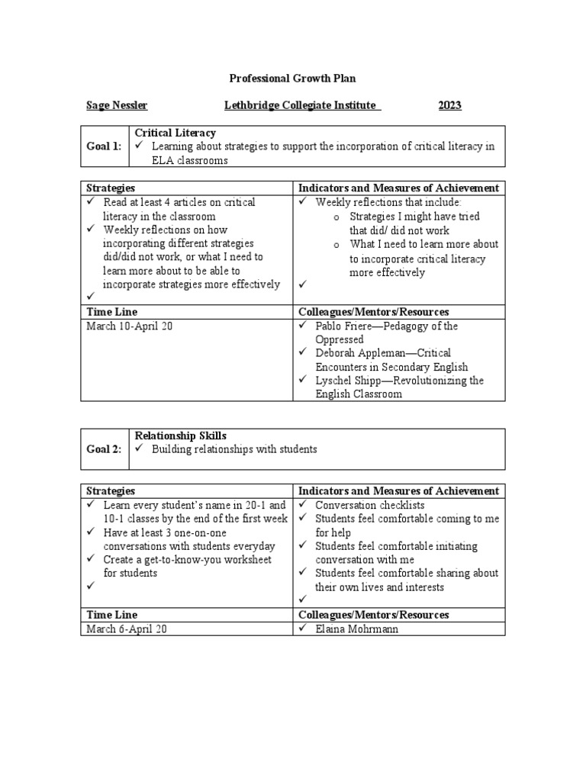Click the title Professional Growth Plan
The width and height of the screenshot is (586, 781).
[x=293, y=78]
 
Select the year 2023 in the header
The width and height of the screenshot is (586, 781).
[x=449, y=105]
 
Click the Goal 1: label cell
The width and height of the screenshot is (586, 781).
[x=105, y=146]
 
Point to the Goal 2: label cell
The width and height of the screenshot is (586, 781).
[x=105, y=450]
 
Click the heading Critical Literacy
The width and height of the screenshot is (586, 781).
[x=175, y=133]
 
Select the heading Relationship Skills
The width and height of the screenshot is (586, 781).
[x=181, y=435]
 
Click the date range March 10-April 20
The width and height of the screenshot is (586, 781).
[x=130, y=326]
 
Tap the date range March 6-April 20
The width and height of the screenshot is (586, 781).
[x=127, y=628]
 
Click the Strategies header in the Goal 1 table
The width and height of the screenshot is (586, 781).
[x=111, y=188]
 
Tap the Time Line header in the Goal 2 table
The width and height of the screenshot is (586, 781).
[x=111, y=615]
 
